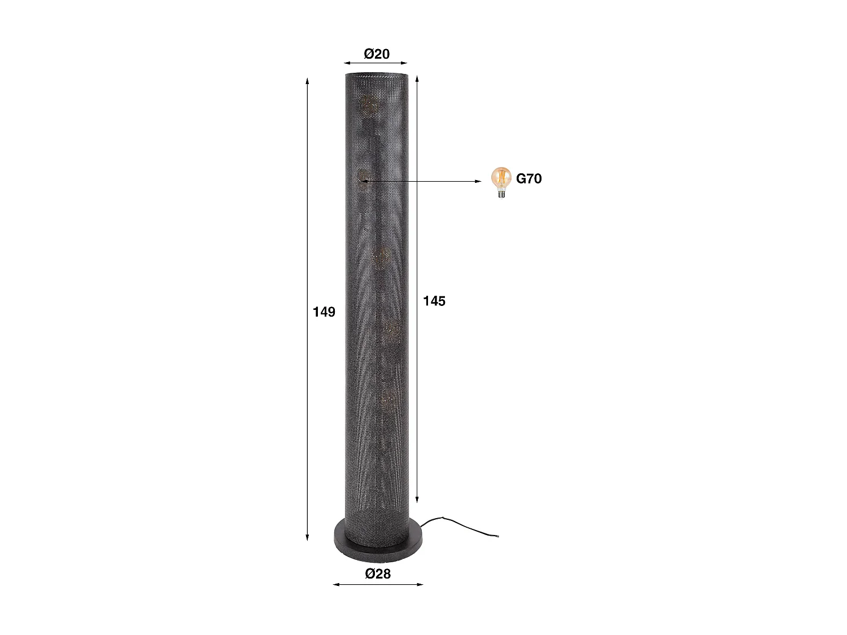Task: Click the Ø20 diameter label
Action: point(377,54)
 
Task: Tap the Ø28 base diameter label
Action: point(378,574)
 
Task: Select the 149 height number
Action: point(324,312)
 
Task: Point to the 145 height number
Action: point(434,301)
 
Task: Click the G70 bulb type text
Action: point(529,179)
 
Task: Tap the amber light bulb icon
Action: point(501,181)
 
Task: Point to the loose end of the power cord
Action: point(497,536)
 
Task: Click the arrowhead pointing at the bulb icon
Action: point(479,181)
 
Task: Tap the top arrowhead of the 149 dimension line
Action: point(307,80)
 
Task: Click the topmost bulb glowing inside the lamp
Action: point(368,106)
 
